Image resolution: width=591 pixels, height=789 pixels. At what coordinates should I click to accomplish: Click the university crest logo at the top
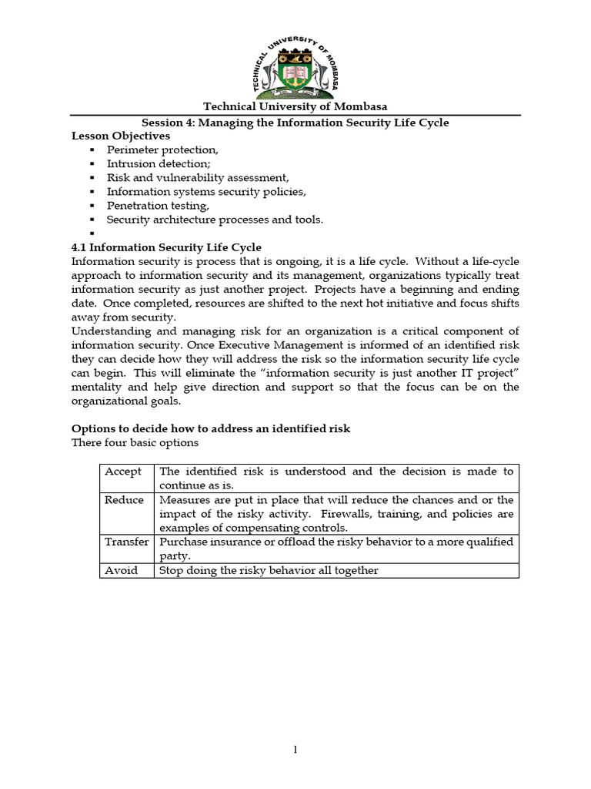(296, 65)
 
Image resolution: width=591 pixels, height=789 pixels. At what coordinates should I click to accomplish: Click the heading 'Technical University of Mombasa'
(295, 107)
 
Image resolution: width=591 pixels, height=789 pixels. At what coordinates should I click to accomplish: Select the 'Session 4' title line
(295, 123)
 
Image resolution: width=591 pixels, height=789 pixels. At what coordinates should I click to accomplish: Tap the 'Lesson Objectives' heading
(121, 136)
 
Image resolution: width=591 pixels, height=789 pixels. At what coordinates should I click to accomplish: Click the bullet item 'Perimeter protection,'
(162, 149)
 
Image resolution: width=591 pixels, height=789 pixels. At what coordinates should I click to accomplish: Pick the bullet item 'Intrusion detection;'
(159, 163)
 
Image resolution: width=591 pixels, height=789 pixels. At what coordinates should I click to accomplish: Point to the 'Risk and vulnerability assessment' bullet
(198, 177)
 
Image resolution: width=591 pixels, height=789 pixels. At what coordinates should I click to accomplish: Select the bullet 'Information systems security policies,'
(206, 191)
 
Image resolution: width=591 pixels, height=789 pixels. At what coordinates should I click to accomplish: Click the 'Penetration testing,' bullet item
(158, 206)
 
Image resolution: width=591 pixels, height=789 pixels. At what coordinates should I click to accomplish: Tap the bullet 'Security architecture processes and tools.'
(215, 220)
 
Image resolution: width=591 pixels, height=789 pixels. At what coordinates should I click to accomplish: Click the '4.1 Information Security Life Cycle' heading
(166, 247)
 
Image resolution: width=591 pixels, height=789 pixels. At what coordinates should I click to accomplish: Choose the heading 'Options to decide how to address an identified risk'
(211, 428)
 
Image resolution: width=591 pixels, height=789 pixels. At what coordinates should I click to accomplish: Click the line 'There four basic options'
(135, 442)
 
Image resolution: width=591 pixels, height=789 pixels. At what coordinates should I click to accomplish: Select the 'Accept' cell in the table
(123, 472)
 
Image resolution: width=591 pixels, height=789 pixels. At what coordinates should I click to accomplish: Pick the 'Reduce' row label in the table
(124, 500)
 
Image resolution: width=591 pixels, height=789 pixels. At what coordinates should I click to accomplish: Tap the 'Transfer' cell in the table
(126, 542)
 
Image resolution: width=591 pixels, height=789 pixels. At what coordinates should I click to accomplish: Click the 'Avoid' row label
(122, 570)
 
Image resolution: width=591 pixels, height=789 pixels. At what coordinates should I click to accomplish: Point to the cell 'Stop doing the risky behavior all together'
(269, 570)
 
